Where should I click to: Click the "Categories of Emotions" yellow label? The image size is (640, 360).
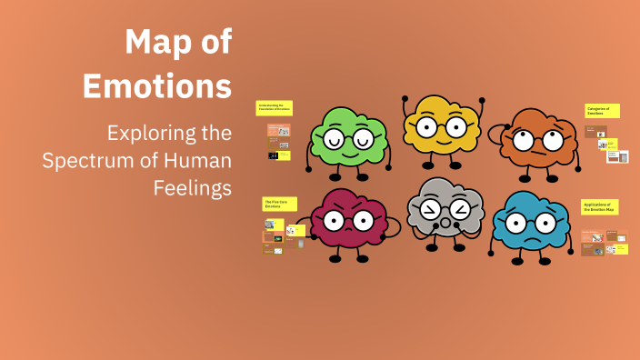pos(601,111)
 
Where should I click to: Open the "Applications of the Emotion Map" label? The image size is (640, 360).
pos(600,207)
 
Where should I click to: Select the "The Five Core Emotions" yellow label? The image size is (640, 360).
pos(277,204)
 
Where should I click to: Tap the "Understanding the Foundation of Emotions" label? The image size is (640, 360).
pos(274,107)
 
